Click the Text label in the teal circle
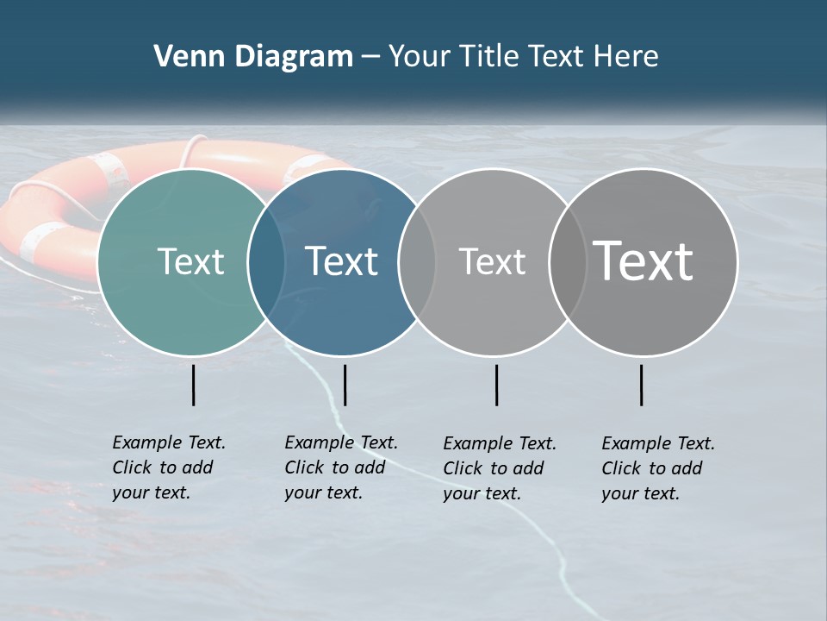tap(190, 261)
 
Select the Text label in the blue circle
tap(341, 261)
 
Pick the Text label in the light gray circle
tap(492, 261)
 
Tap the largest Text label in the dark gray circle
tap(644, 261)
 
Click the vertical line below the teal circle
tap(194, 385)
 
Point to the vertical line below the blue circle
tap(345, 385)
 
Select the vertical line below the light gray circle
tap(496, 385)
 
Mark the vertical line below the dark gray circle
tap(641, 385)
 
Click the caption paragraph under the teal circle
tap(169, 467)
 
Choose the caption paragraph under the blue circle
tap(341, 467)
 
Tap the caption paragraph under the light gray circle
tap(500, 468)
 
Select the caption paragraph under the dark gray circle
tap(658, 468)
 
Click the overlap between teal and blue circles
tap(266, 262)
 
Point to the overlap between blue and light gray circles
tap(417, 262)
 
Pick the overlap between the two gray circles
tap(567, 262)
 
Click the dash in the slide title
tap(370, 57)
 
